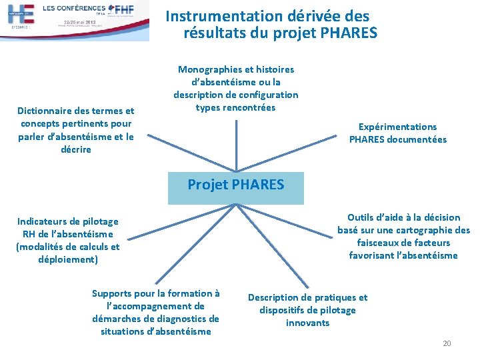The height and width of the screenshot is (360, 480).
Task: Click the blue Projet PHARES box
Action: click(x=235, y=185)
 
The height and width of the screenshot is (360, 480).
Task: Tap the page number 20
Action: click(x=447, y=343)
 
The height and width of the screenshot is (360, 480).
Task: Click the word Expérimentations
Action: click(x=398, y=127)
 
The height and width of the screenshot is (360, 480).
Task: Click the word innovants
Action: click(x=307, y=323)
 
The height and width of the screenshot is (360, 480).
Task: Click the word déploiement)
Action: click(x=68, y=259)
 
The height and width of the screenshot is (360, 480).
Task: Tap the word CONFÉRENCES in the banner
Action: click(x=73, y=7)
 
